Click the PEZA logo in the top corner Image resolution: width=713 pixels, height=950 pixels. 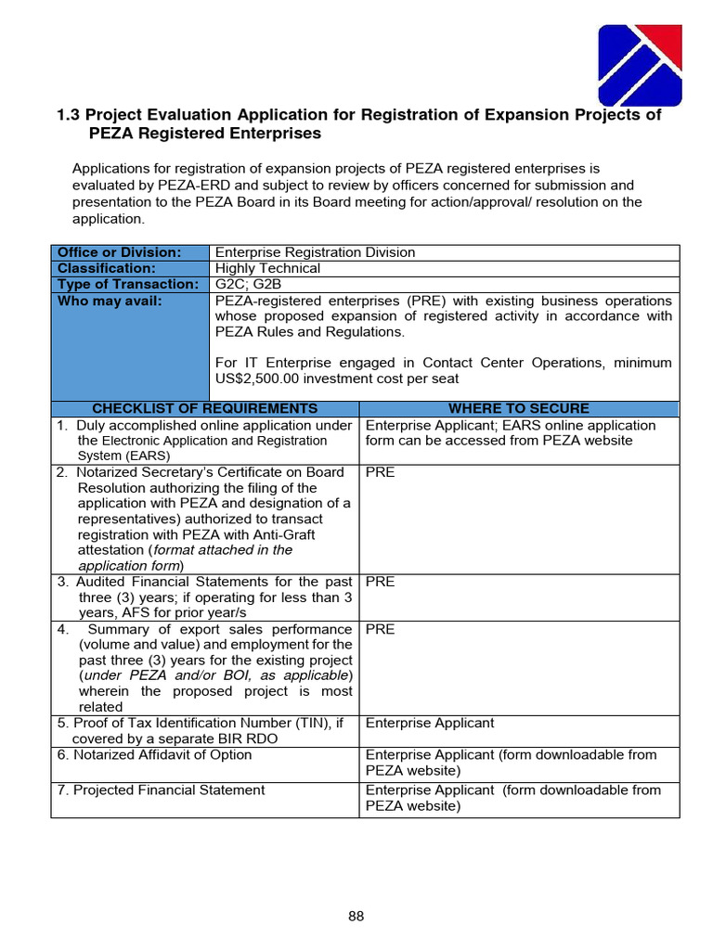(x=640, y=66)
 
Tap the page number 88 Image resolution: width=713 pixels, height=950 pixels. (x=356, y=917)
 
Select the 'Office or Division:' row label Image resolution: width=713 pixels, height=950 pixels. (x=120, y=252)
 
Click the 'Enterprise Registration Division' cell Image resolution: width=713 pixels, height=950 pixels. (x=316, y=252)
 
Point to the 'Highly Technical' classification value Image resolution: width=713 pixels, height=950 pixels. (x=267, y=268)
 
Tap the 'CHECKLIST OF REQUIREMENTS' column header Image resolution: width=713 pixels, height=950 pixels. (x=204, y=408)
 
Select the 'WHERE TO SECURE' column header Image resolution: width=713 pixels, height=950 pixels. (x=518, y=408)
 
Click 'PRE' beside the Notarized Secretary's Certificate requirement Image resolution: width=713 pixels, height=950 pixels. (x=380, y=472)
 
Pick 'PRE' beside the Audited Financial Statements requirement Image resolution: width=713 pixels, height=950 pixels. (x=380, y=582)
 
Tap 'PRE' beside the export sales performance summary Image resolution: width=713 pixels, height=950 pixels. (x=380, y=629)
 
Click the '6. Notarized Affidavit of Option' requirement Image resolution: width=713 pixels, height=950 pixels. (x=154, y=754)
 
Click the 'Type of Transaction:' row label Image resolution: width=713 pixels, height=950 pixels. (x=128, y=284)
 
